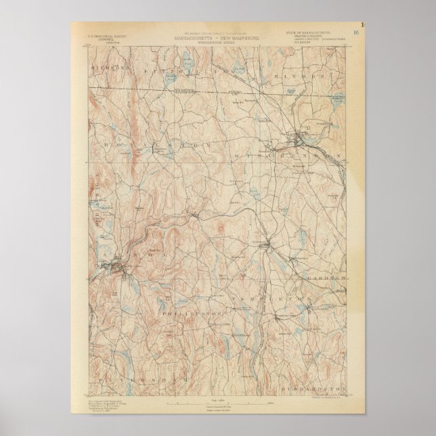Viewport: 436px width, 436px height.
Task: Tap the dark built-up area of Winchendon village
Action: tap(299, 141)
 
